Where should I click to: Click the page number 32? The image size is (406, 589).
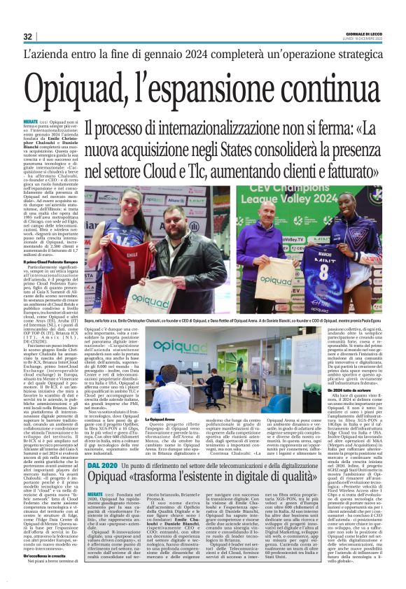coord(27,36)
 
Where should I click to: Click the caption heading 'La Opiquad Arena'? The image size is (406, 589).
coord(159,419)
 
